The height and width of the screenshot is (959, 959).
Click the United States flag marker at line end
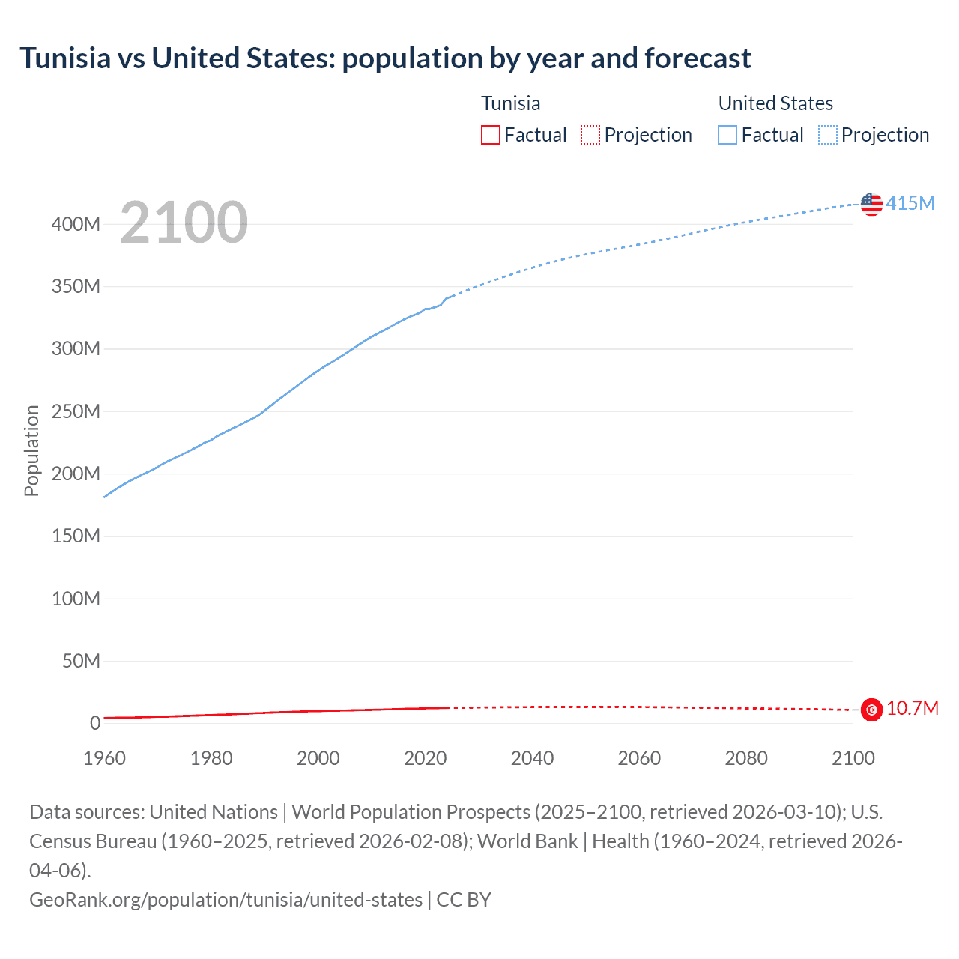871,204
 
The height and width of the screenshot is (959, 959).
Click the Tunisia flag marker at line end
871,709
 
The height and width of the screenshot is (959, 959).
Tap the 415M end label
910,203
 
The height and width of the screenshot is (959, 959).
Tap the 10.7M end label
913,708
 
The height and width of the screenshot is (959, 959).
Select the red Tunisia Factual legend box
490,135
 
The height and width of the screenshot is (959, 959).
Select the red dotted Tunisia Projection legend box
590,135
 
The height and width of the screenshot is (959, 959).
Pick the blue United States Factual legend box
727,135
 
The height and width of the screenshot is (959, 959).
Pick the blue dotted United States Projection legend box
828,135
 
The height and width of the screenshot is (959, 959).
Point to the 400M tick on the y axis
76,224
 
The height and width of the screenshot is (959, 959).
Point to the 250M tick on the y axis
76,411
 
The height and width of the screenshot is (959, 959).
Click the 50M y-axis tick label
81,661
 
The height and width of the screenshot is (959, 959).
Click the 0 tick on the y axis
95,723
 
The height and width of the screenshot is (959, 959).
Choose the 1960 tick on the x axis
104,758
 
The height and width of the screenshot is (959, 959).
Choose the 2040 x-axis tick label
532,758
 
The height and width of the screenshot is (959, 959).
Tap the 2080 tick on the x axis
746,758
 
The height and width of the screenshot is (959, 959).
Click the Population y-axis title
31,450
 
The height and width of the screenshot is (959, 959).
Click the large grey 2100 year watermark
184,223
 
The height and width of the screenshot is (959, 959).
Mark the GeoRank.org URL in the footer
226,899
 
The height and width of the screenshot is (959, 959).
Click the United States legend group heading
775,103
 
